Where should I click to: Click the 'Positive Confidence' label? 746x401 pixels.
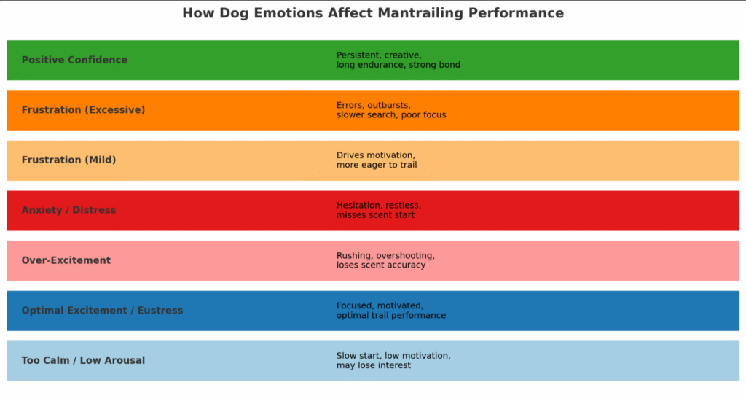(x=74, y=60)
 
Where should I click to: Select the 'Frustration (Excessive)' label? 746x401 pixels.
(x=83, y=110)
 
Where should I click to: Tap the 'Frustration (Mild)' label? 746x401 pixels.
(x=68, y=160)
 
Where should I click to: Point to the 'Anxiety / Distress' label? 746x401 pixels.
(x=68, y=210)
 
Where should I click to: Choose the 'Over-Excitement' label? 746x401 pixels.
(x=66, y=260)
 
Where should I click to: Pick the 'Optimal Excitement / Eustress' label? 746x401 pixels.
(x=102, y=311)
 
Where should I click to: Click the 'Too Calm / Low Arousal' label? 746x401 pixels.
(x=83, y=360)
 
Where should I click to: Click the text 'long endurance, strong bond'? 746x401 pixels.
(x=398, y=65)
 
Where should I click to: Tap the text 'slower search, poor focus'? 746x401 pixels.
(x=390, y=115)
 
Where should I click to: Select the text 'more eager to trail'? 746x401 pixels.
(x=376, y=165)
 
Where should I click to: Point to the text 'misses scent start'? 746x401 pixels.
(x=375, y=215)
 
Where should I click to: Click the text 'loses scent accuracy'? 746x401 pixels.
(x=380, y=265)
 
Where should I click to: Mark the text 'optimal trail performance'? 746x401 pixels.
(x=390, y=316)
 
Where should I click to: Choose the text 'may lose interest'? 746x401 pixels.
(x=373, y=365)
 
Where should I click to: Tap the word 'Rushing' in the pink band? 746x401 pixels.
(x=353, y=256)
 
